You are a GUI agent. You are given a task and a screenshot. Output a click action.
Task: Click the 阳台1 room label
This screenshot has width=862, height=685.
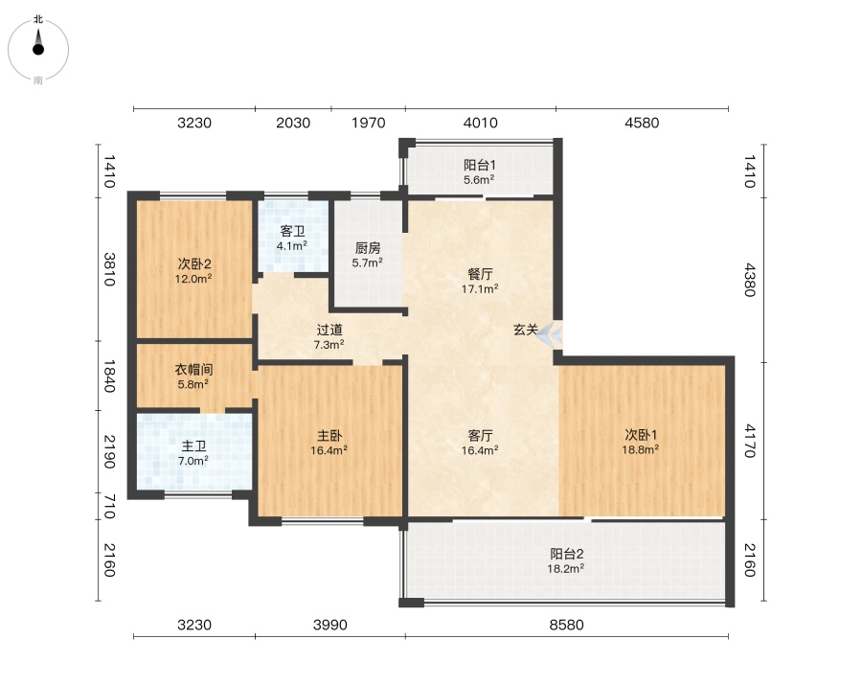point(480,165)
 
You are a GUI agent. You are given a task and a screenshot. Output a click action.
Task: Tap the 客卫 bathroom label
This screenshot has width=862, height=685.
point(292,232)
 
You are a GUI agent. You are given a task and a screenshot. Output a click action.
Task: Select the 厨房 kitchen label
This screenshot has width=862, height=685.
point(367,248)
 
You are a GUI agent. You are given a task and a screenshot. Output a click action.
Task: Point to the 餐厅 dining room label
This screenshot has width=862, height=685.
point(480,274)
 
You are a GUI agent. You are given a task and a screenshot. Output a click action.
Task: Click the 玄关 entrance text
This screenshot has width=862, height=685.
point(526,330)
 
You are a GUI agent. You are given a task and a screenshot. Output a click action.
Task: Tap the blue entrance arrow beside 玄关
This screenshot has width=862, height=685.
point(550,334)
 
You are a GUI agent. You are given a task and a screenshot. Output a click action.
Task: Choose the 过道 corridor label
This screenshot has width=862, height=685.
point(329,330)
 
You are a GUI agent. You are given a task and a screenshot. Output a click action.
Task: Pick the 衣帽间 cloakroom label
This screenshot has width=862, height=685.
point(193,370)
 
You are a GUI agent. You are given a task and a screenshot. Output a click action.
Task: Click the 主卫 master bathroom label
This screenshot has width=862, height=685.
point(193,446)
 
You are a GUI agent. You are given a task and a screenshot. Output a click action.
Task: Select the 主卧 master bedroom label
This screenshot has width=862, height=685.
point(329,436)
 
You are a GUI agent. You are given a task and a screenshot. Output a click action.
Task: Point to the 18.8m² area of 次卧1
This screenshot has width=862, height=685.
point(641,449)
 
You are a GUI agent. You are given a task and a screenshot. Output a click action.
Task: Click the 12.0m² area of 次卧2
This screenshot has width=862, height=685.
point(193,279)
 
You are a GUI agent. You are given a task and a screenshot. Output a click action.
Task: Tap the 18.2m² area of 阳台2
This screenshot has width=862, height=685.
point(566,568)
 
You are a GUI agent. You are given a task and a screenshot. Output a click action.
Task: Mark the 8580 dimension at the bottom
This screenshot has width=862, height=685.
point(566,625)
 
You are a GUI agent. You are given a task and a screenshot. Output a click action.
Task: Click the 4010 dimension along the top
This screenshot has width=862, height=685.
point(480,123)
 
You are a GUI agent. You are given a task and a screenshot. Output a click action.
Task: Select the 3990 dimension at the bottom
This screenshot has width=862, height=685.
point(329,625)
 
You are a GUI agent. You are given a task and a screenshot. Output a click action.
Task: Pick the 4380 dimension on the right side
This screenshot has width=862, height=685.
point(750,280)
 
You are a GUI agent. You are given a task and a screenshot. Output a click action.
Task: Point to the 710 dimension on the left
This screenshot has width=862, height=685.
point(109,507)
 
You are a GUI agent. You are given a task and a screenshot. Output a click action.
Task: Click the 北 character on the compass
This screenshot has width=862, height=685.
point(38,19)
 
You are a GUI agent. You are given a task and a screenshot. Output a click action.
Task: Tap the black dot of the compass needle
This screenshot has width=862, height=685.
point(38,50)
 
